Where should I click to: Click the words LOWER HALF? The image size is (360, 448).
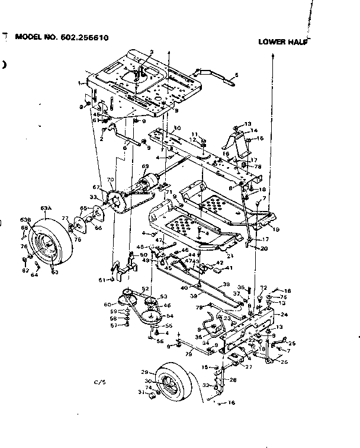coord(283,42)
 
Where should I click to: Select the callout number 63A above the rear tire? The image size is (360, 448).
coord(46,208)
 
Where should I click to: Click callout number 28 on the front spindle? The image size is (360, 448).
coord(233,379)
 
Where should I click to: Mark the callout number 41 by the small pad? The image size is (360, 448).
coord(229,267)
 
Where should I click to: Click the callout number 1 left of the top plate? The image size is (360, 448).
coord(79,84)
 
